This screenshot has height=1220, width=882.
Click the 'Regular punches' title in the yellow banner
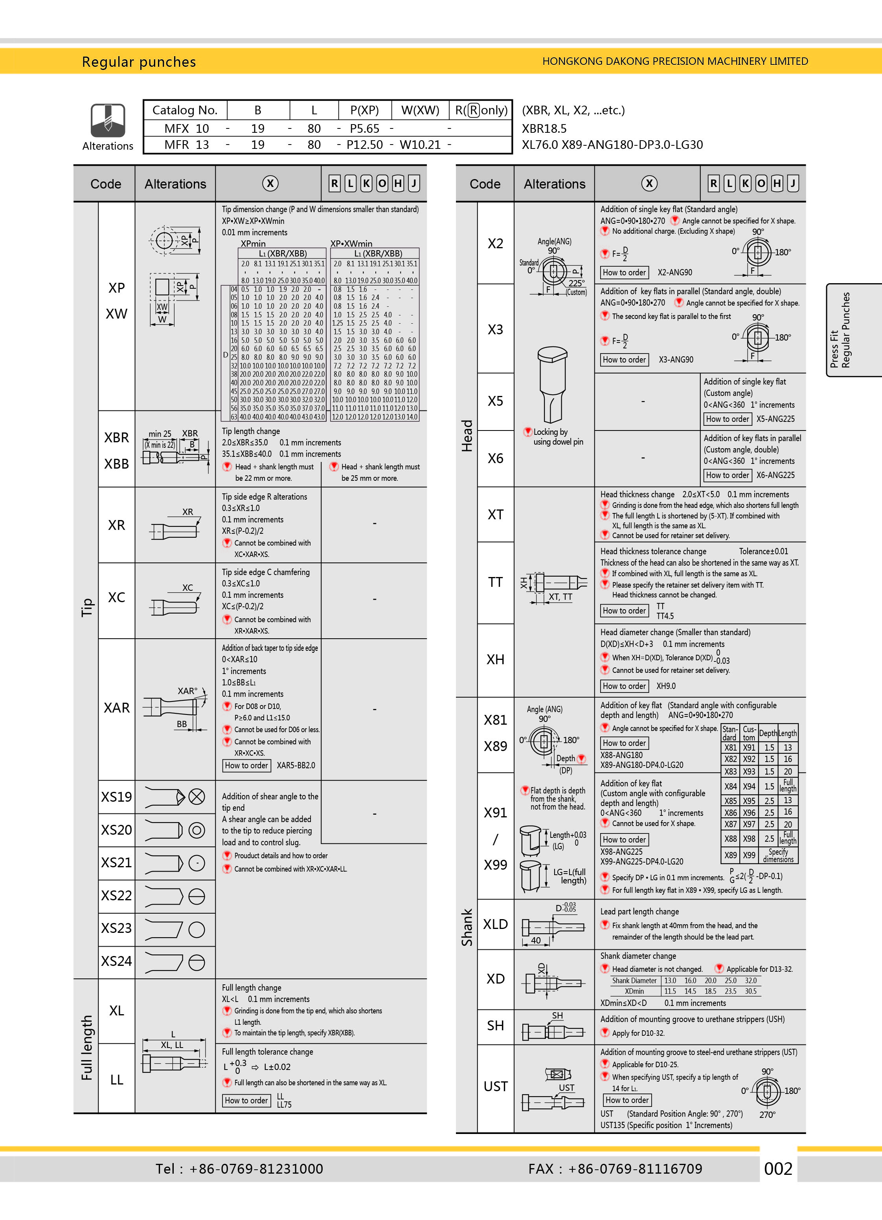click(139, 62)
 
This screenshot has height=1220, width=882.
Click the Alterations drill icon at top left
click(108, 121)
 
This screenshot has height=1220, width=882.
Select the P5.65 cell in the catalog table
click(364, 128)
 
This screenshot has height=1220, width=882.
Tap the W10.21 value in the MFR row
click(420, 145)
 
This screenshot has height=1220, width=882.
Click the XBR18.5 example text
click(544, 128)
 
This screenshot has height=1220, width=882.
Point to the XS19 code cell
click(116, 797)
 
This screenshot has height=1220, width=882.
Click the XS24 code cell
click(116, 961)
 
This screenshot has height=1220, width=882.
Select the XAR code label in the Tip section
click(116, 708)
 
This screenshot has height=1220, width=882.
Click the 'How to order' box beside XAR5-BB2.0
click(246, 766)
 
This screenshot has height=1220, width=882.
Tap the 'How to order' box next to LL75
click(246, 1101)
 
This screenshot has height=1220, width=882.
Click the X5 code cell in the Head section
click(495, 401)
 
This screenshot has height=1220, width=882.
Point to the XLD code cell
click(495, 924)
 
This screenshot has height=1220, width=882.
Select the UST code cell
click(495, 1086)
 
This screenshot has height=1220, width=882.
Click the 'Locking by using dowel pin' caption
click(557, 437)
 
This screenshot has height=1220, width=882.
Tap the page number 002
click(778, 1169)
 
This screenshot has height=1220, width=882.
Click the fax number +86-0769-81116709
click(635, 1169)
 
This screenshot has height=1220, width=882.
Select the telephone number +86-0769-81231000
click(256, 1169)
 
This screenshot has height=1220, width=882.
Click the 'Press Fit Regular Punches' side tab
click(840, 330)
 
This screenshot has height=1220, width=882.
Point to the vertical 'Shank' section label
click(467, 927)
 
